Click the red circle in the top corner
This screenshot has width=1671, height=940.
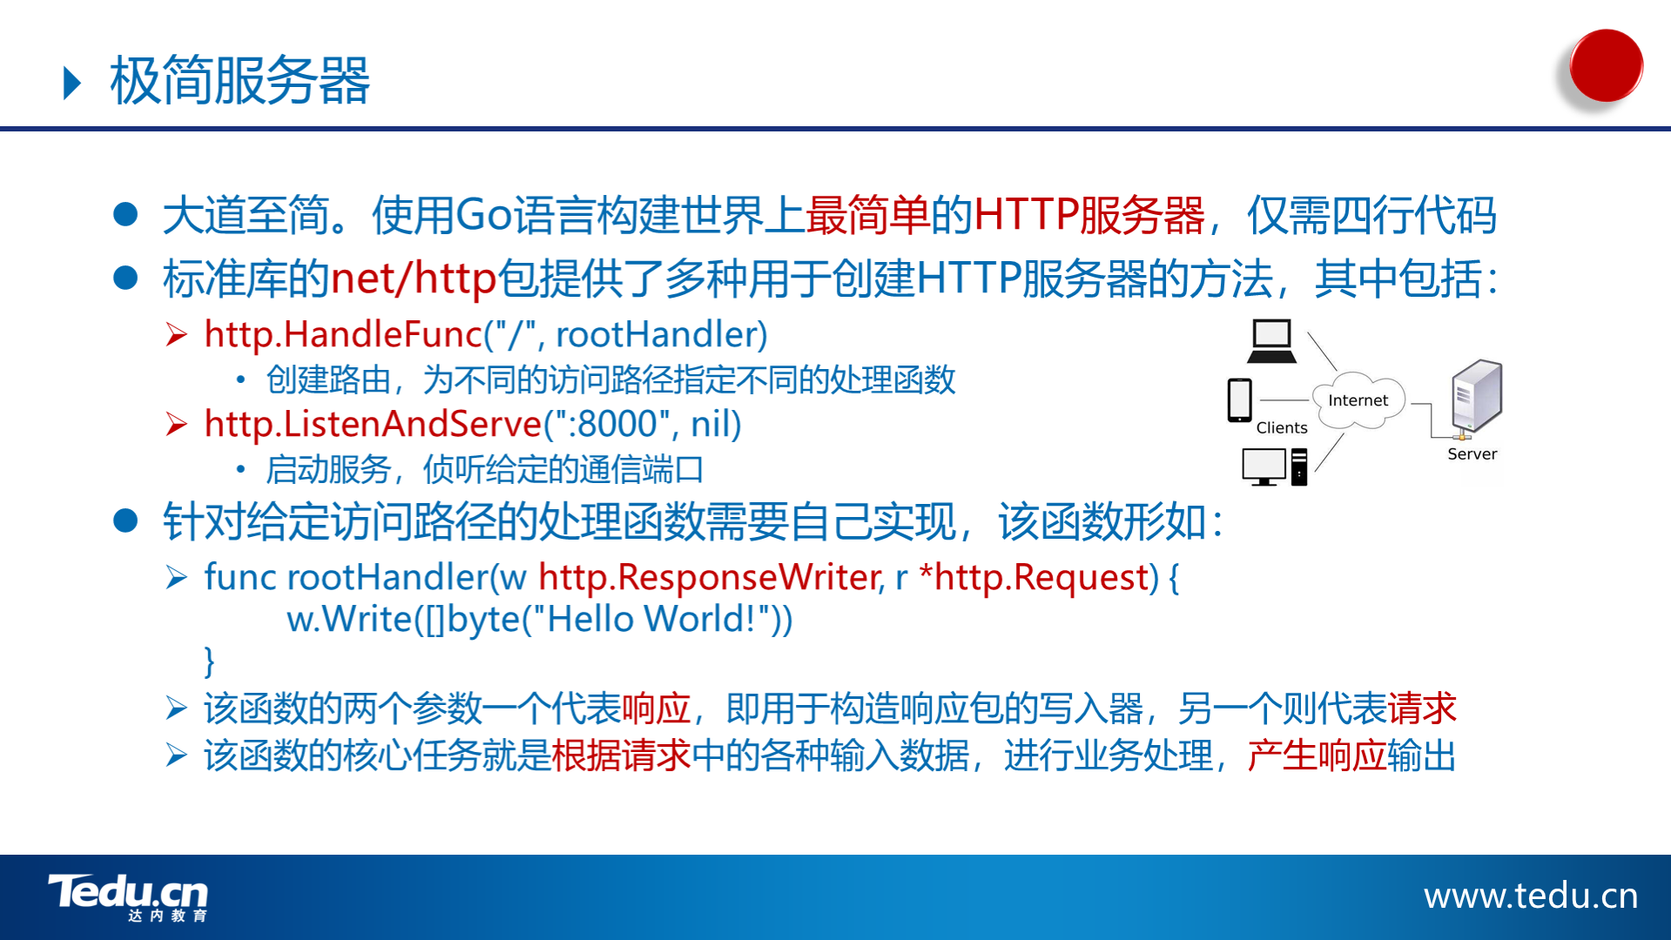click(1606, 65)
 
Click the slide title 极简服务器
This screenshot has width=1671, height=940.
click(239, 81)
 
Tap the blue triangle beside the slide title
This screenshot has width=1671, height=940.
click(72, 83)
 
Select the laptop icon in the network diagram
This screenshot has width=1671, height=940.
click(1271, 341)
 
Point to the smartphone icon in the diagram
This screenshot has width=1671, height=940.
click(1239, 400)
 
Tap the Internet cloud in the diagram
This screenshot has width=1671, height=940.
click(1358, 400)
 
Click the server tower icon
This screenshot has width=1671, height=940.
click(1476, 397)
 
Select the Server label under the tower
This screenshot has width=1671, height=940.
click(1472, 453)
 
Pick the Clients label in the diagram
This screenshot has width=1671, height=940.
click(1282, 427)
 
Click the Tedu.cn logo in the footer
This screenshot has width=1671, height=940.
click(128, 897)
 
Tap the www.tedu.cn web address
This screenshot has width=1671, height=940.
click(1531, 896)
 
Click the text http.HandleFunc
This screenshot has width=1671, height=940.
click(343, 335)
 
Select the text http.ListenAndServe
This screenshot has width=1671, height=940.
click(373, 425)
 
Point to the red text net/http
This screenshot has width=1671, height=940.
click(414, 279)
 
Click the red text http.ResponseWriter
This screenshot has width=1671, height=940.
click(711, 578)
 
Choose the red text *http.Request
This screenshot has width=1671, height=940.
click(1038, 578)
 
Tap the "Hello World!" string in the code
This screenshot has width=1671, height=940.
click(650, 620)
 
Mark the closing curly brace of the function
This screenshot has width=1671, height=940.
click(209, 661)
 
